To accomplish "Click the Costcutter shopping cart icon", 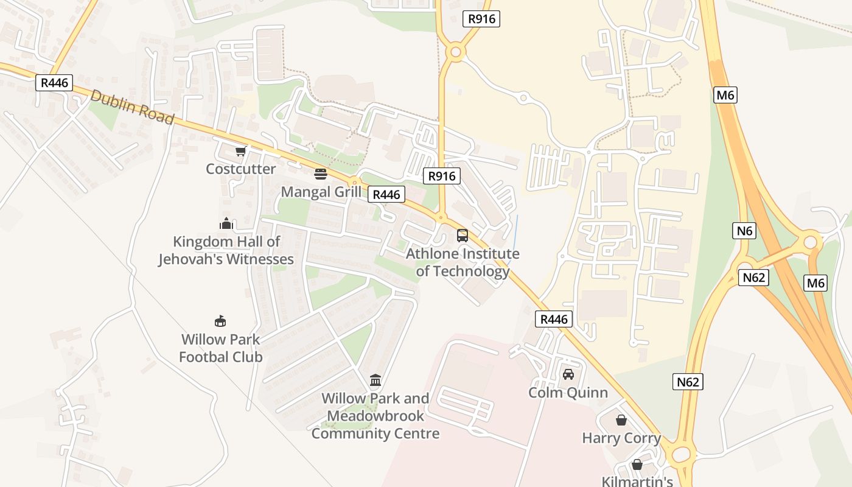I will click(240, 151).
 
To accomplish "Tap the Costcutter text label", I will click(240, 169).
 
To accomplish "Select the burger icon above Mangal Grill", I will click(321, 174).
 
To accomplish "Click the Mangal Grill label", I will click(321, 192).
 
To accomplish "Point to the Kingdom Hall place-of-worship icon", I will click(226, 223).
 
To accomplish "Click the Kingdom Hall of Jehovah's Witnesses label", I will click(226, 250).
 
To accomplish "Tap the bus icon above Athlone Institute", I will click(463, 236).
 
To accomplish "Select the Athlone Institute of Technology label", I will click(463, 262).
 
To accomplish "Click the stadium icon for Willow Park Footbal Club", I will click(220, 321).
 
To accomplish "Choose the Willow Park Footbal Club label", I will click(220, 348).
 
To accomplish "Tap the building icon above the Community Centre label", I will click(375, 380).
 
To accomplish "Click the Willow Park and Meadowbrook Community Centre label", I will click(375, 416).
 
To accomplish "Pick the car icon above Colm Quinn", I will click(568, 374).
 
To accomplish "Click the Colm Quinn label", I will click(568, 392).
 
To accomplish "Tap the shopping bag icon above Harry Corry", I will click(621, 420).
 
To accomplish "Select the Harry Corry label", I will click(621, 438).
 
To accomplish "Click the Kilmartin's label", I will click(637, 481).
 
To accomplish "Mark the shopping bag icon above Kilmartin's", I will click(637, 464).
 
